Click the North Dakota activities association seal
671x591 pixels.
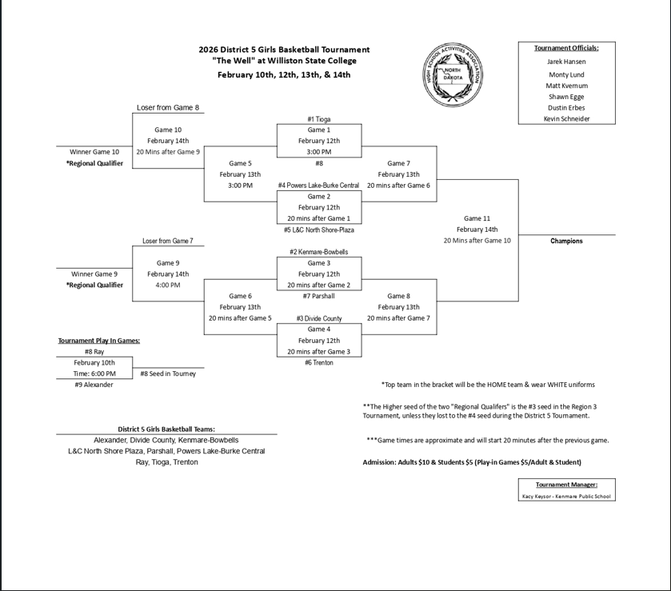(x=453, y=74)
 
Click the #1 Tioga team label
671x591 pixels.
(x=318, y=119)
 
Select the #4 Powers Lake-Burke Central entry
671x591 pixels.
(x=318, y=186)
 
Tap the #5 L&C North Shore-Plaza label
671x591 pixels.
(x=318, y=230)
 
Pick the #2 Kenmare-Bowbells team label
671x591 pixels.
(x=318, y=252)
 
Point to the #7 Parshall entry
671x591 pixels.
(x=318, y=296)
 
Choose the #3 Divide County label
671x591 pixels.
(x=318, y=318)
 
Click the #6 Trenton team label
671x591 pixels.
(x=318, y=362)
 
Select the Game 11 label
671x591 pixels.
(x=477, y=218)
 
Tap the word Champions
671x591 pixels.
(x=566, y=241)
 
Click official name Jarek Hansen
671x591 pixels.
(x=566, y=62)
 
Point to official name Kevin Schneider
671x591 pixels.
(x=566, y=118)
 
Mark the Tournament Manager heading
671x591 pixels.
(x=566, y=484)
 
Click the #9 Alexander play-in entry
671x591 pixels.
(x=94, y=385)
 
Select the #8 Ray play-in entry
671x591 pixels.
(x=94, y=351)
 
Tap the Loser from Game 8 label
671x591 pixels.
(x=168, y=108)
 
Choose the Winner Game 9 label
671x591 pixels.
(x=94, y=274)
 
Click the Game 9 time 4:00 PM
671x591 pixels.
(x=168, y=285)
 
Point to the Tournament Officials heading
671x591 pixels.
(x=566, y=48)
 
